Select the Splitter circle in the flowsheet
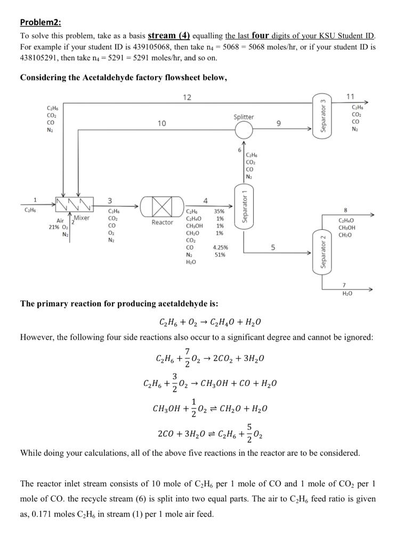244,129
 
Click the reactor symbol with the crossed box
162,204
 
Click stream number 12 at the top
187,97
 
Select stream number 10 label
161,124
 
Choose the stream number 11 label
350,97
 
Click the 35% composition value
220,211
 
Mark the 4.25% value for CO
220,247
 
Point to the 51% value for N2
220,255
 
